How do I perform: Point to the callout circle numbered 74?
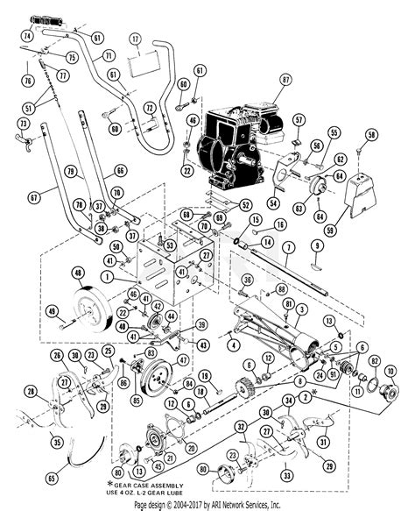(x=27, y=37)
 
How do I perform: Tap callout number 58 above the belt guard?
(x=372, y=135)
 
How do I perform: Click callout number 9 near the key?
(x=317, y=245)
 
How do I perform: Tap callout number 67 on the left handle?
(x=33, y=199)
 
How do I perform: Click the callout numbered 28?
(x=31, y=392)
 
